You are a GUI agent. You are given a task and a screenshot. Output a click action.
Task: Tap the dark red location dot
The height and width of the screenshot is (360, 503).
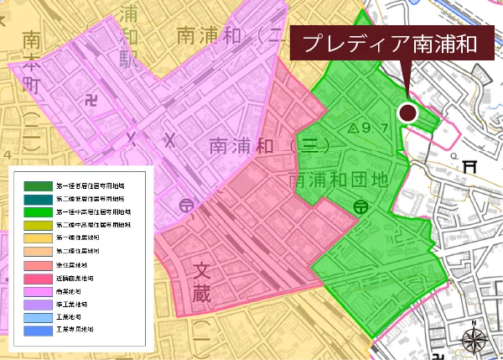coord(407,112)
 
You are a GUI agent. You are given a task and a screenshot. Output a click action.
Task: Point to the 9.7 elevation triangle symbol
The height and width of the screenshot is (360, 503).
coord(353,128)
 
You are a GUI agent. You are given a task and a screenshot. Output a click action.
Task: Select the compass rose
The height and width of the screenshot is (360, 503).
coord(475,340)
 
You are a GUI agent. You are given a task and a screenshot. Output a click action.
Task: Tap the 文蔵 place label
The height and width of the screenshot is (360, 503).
coord(202,282)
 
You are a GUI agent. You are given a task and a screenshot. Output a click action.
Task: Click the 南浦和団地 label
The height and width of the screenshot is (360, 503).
coord(339,180)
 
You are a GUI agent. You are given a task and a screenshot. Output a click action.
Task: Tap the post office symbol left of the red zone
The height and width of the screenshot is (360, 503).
coord(184,204)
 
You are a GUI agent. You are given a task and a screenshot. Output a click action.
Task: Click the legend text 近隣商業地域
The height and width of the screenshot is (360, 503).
coord(75,277)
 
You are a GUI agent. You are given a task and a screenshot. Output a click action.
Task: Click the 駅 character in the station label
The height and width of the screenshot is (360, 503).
coord(128,60)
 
